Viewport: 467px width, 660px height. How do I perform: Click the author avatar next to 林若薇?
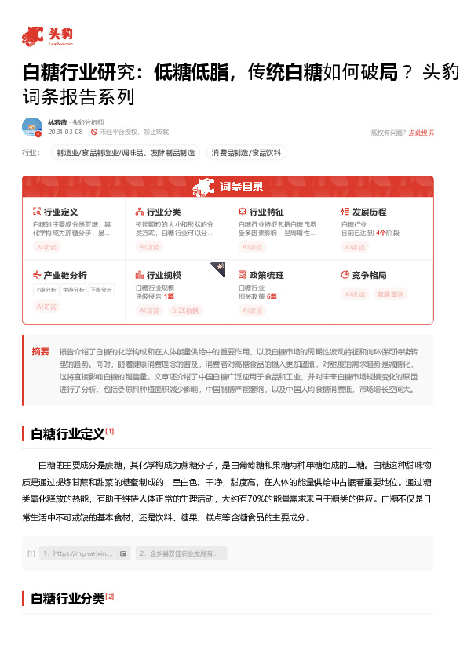[31, 127]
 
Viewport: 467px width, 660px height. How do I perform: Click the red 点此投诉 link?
[421, 132]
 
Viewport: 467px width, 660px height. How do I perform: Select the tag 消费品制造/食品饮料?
[246, 153]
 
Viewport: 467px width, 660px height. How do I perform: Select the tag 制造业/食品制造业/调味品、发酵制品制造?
[124, 153]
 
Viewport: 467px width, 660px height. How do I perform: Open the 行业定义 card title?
[60, 212]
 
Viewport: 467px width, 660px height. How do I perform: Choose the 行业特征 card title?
[266, 212]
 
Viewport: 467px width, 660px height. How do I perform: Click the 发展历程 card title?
[369, 212]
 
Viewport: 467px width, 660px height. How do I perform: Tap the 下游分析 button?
[100, 290]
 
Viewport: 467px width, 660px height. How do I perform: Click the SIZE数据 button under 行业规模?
[185, 310]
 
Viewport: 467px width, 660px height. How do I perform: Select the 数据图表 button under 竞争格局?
[391, 294]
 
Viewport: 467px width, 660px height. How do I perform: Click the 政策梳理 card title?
[266, 275]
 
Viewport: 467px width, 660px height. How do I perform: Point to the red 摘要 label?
[40, 351]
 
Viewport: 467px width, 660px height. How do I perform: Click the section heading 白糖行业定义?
[67, 433]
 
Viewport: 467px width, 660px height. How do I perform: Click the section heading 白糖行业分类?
[67, 599]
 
